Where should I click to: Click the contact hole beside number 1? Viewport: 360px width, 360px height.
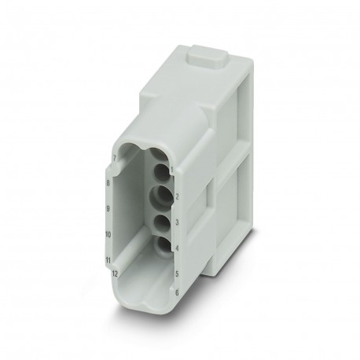pyautogui.click(x=162, y=170)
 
